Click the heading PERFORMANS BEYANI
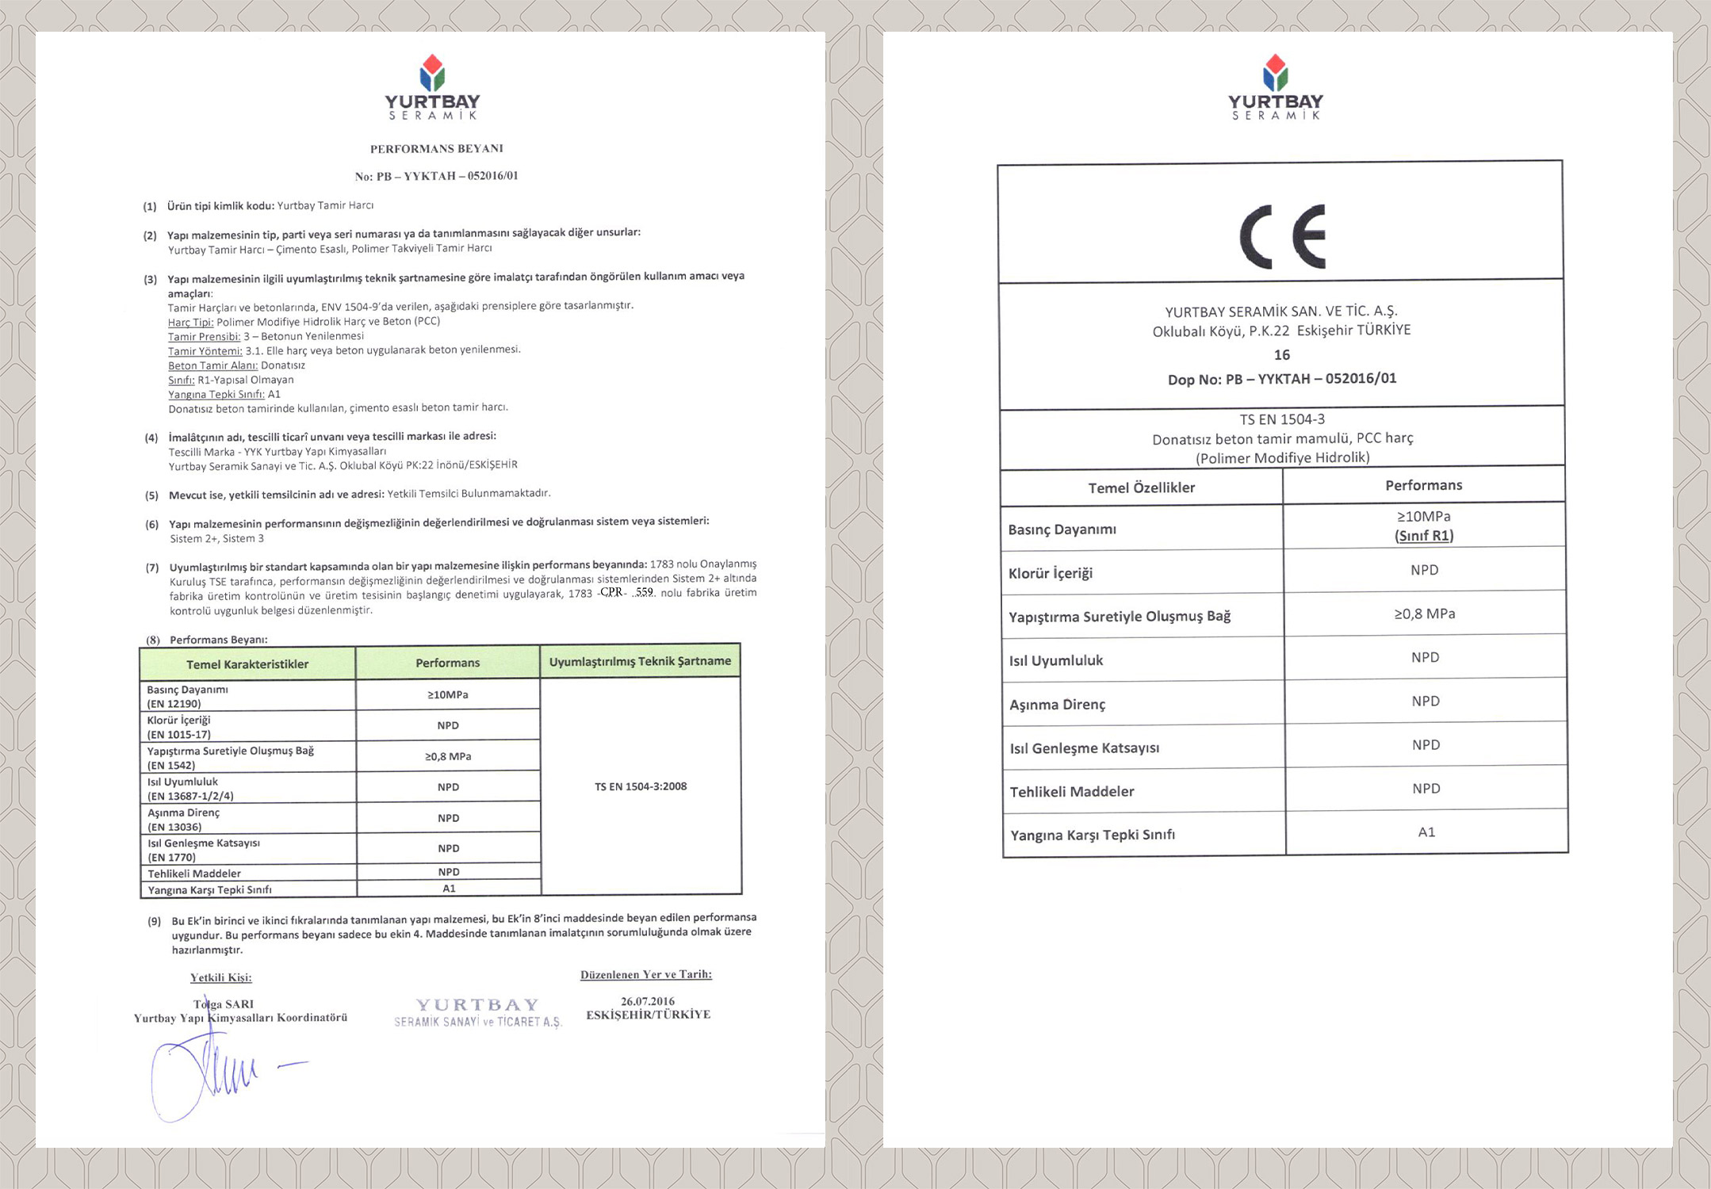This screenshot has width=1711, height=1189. coord(437,148)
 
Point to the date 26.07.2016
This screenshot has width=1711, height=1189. coord(648,1001)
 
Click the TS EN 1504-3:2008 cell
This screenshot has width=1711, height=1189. coord(641,786)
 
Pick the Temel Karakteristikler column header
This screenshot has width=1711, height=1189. coord(247,664)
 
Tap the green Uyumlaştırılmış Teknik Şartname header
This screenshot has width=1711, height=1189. coord(640,661)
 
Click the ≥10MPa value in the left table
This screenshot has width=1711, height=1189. coord(448,694)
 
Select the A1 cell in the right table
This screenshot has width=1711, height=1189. coord(1426,832)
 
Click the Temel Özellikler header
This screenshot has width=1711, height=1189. coord(1141,487)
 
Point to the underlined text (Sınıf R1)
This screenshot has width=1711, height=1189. coord(1424,536)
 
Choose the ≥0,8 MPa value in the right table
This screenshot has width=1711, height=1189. coord(1425,614)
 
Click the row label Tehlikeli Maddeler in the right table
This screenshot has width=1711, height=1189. coord(1071,791)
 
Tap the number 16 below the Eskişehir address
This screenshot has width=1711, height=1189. coord(1282,354)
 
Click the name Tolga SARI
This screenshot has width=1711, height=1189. coord(224,1004)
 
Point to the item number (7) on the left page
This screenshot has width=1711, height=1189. coord(152,568)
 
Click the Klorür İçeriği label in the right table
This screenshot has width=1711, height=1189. coord(1050,572)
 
